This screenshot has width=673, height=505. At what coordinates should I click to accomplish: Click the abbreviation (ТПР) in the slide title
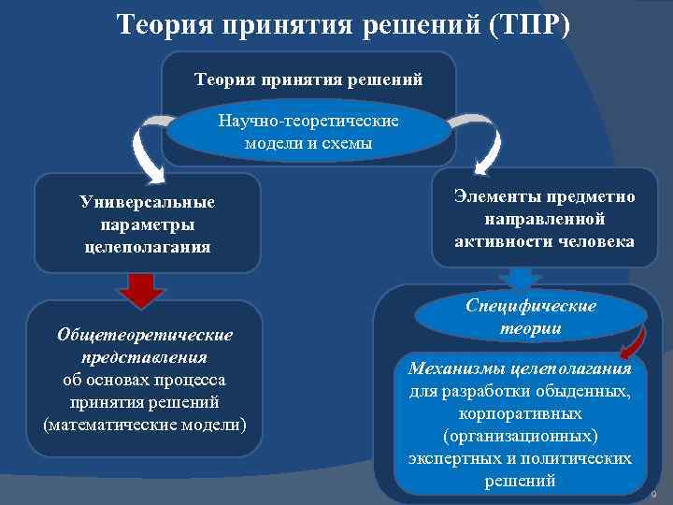(x=527, y=22)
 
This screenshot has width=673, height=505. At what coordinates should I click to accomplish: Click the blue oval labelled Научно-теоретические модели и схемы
(x=308, y=133)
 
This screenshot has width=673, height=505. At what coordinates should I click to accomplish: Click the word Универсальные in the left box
(x=147, y=202)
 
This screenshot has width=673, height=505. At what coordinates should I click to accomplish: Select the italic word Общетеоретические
(x=145, y=335)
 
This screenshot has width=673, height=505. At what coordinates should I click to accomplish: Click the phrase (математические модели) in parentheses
(x=145, y=425)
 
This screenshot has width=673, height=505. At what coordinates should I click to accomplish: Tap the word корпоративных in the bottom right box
(x=521, y=412)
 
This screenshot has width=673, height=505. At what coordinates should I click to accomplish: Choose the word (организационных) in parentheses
(x=521, y=436)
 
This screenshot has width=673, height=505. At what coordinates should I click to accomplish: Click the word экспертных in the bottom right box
(x=451, y=458)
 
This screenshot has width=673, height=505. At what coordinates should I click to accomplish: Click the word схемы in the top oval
(x=349, y=143)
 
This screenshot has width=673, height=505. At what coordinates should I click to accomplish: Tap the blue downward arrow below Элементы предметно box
(x=522, y=280)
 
